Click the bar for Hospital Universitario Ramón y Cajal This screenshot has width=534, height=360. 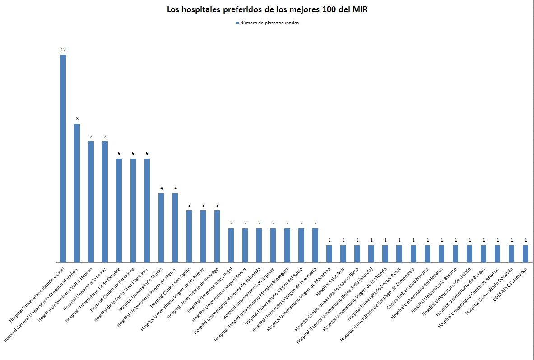63,158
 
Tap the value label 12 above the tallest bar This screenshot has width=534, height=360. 63,49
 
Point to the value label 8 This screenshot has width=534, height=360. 77,118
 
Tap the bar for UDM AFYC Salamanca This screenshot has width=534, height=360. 525,253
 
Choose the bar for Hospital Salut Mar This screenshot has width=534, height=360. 343,253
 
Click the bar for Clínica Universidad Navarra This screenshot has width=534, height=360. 427,253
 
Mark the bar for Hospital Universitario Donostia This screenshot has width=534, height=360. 511,253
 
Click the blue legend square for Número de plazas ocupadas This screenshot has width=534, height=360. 236,23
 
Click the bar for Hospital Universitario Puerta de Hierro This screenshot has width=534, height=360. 175,228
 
